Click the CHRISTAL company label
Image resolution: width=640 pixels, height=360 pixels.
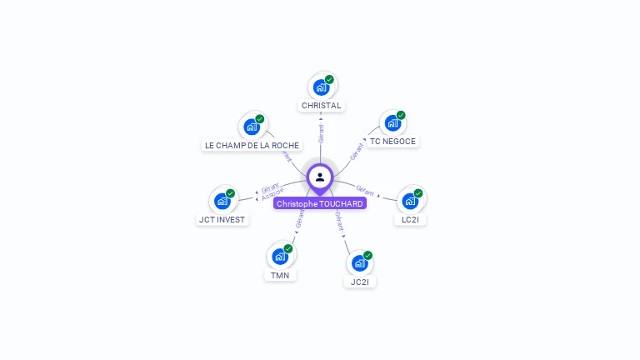tap(321, 106)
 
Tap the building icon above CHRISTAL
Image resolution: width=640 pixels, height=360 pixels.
tap(321, 87)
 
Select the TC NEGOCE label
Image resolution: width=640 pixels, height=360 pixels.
tap(392, 142)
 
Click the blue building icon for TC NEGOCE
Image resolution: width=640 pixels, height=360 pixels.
tap(392, 124)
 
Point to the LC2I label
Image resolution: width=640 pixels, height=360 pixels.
tap(410, 220)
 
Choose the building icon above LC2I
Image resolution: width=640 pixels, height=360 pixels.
tap(410, 201)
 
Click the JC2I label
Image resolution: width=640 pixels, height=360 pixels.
tap(360, 282)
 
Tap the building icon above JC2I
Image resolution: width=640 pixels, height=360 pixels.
tap(359, 263)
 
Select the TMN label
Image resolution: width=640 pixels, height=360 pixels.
tap(280, 275)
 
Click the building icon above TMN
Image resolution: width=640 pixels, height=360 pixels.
tap(280, 256)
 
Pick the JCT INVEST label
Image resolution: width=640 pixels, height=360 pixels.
tap(222, 220)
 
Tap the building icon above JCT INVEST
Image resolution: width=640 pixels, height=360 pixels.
tap(222, 201)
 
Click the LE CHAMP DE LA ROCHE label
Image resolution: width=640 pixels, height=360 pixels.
tap(252, 145)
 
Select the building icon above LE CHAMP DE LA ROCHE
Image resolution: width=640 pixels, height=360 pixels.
tap(251, 127)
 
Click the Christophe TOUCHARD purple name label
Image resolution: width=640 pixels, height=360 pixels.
tap(320, 203)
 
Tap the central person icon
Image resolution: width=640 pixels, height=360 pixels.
tap(320, 177)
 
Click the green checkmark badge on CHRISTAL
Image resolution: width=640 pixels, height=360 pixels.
tap(329, 80)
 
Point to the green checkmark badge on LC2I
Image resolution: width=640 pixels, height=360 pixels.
tap(418, 193)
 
